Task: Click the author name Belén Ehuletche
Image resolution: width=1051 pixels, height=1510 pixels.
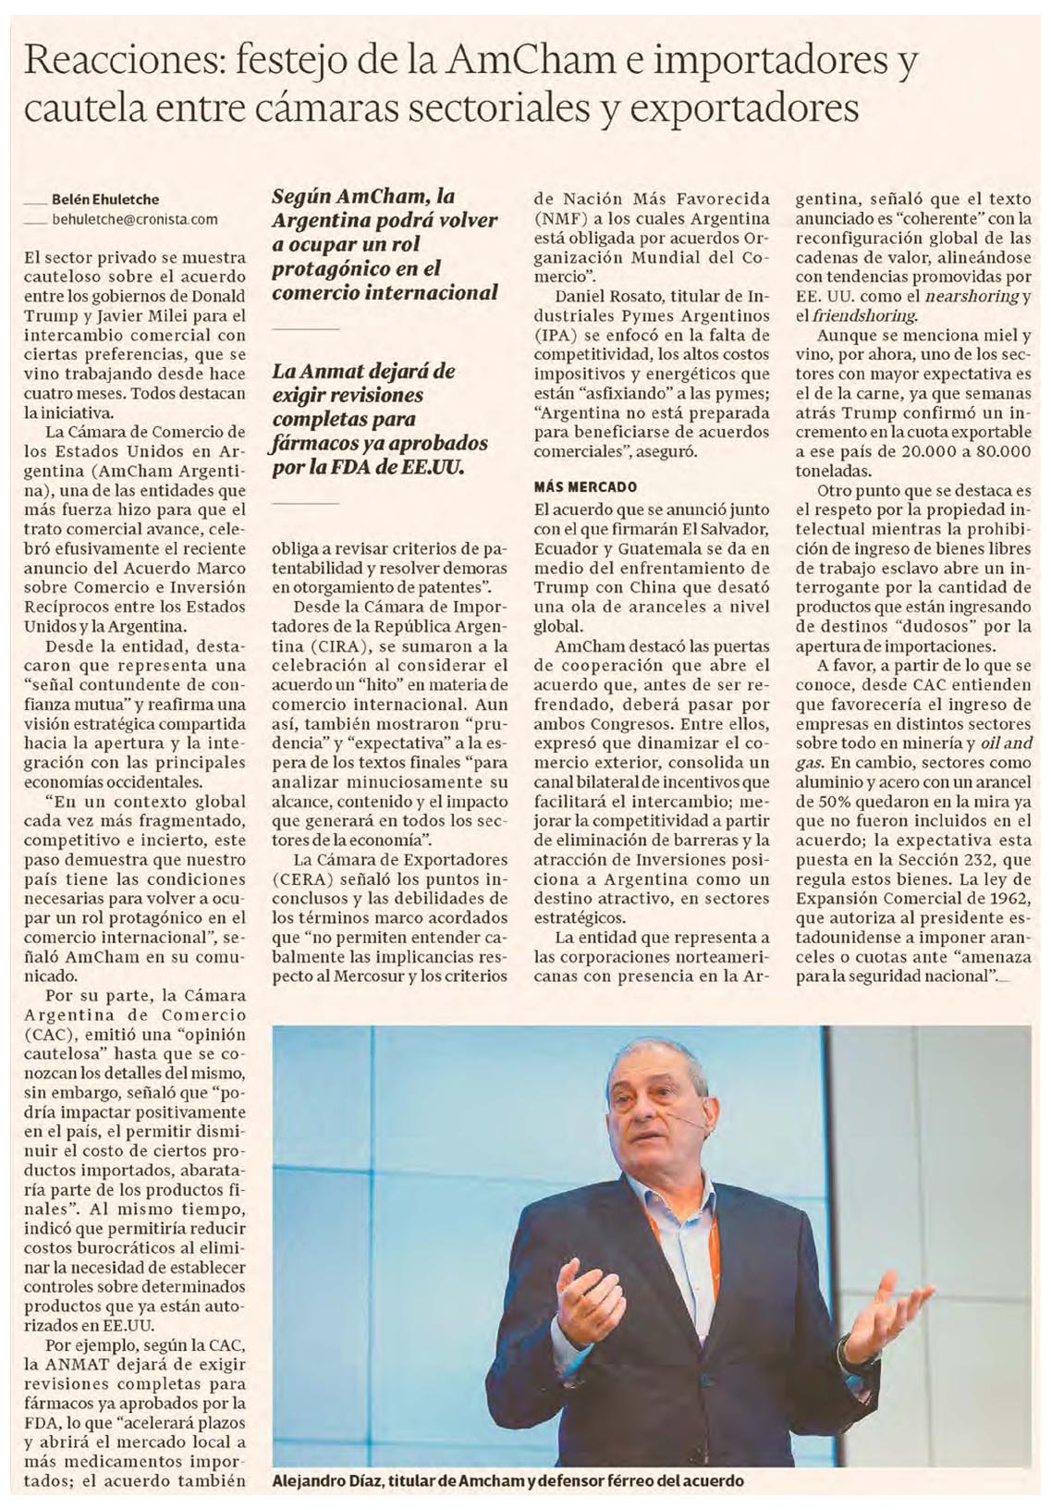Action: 104,199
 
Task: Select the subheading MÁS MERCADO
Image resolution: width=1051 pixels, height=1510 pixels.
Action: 584,485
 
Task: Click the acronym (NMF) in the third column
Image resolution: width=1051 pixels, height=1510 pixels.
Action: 562,218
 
